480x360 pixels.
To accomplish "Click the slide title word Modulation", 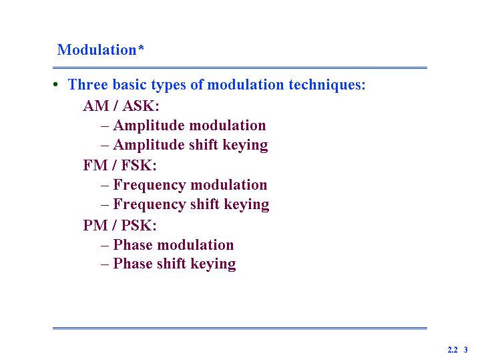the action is (x=97, y=49).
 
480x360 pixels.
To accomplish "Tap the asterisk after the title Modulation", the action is (x=141, y=47).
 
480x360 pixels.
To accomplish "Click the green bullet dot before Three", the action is (x=55, y=84).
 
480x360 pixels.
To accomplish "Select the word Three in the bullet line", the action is (x=88, y=84).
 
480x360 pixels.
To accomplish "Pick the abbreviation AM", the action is (x=96, y=106).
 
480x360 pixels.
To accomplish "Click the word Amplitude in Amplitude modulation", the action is (x=149, y=126).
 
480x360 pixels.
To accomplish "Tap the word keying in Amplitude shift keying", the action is (x=245, y=145).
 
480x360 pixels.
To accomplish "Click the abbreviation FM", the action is (x=95, y=166).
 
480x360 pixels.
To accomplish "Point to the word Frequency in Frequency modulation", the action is (x=150, y=186).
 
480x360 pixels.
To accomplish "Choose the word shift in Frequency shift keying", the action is (x=205, y=204).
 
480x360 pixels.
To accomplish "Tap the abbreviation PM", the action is (x=95, y=226).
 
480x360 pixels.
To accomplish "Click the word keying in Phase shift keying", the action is (x=213, y=264).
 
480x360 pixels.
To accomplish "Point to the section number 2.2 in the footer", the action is (x=453, y=349).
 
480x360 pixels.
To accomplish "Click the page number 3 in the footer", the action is (x=465, y=349).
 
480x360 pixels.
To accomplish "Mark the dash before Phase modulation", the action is (x=105, y=246).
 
